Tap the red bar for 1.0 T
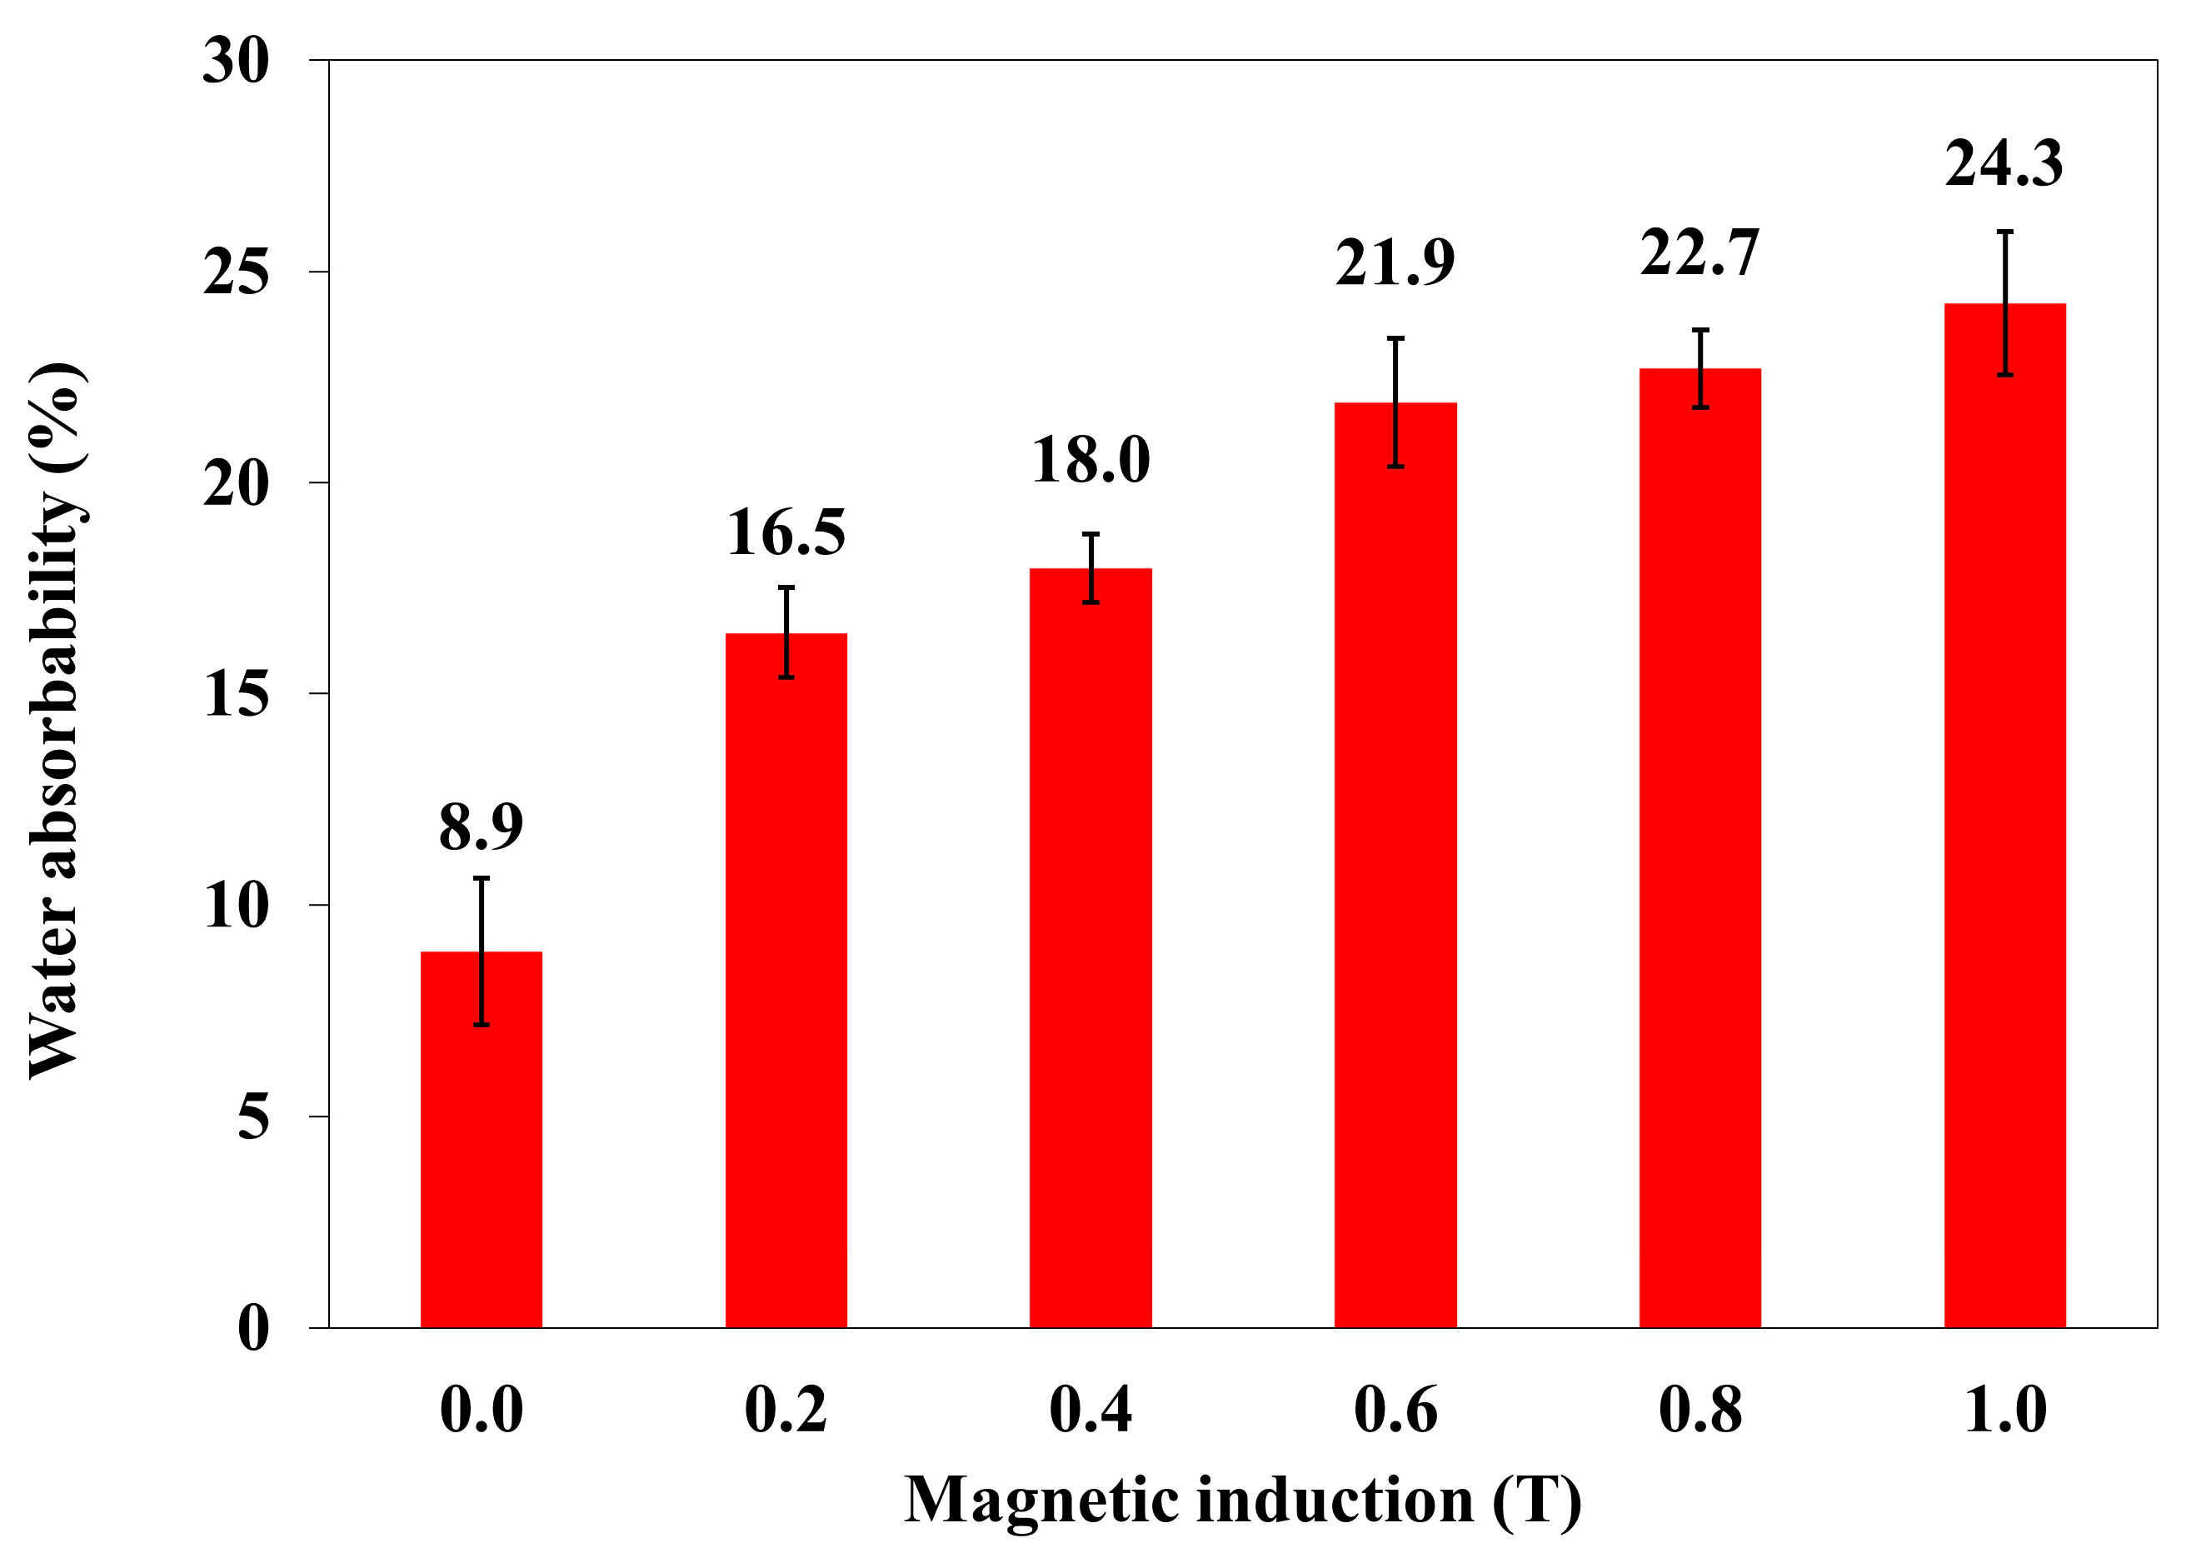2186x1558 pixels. [2004, 816]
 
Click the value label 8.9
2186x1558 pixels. [481, 827]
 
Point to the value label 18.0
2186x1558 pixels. [1091, 460]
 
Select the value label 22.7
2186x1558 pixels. [1699, 253]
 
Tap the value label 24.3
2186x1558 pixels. [2004, 163]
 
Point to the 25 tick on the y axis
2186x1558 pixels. [236, 272]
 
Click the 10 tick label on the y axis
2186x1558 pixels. [236, 905]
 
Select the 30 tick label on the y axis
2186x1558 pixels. [236, 62]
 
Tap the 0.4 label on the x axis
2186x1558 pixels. [1091, 1411]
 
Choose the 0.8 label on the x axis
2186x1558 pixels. [1699, 1411]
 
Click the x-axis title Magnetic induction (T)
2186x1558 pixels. [1242, 1501]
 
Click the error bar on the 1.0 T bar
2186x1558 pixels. [2004, 303]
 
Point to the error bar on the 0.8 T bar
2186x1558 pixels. [1699, 368]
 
